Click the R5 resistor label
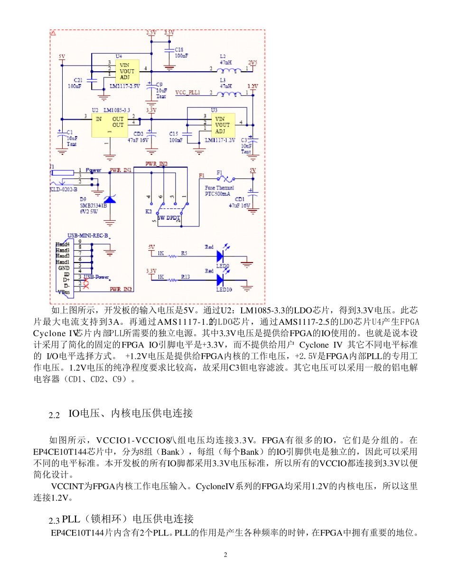(184, 254)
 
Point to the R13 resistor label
(185, 277)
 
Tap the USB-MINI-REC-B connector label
(88, 235)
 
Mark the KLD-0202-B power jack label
(63, 189)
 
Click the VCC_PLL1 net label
(188, 93)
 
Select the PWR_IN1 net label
(121, 170)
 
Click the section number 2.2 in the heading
(55, 415)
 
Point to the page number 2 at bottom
(225, 555)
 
